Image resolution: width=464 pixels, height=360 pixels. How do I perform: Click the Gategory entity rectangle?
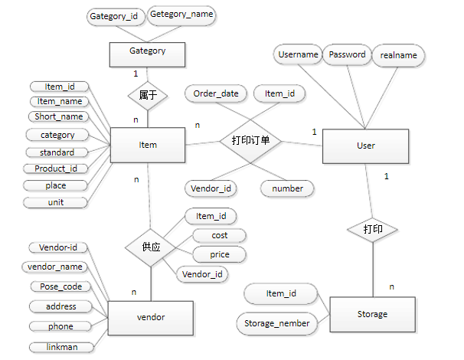(148, 53)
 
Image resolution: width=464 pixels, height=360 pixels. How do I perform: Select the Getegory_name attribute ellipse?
(181, 15)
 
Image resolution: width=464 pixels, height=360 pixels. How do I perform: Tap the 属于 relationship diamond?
(148, 95)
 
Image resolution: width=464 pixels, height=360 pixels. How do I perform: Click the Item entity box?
(148, 145)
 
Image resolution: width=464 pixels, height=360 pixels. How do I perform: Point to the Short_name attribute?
(59, 116)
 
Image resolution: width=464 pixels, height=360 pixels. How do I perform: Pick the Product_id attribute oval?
(56, 169)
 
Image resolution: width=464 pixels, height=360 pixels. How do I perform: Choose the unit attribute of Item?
(56, 202)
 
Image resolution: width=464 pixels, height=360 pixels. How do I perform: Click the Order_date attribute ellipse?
(216, 93)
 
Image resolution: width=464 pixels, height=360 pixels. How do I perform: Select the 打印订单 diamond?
(250, 141)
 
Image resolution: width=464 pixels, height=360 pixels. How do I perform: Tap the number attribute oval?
(288, 188)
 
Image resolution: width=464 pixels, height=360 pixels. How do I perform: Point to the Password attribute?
(347, 55)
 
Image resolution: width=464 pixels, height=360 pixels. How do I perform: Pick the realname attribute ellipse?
(398, 55)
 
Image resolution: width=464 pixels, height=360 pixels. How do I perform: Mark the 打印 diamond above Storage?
(373, 229)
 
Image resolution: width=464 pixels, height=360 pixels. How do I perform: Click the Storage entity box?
(372, 314)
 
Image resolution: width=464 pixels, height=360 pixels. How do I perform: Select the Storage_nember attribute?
(277, 323)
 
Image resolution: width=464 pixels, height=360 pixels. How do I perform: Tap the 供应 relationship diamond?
(152, 248)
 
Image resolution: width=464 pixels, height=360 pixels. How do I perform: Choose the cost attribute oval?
(219, 236)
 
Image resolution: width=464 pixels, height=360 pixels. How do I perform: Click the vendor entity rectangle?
(151, 316)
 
